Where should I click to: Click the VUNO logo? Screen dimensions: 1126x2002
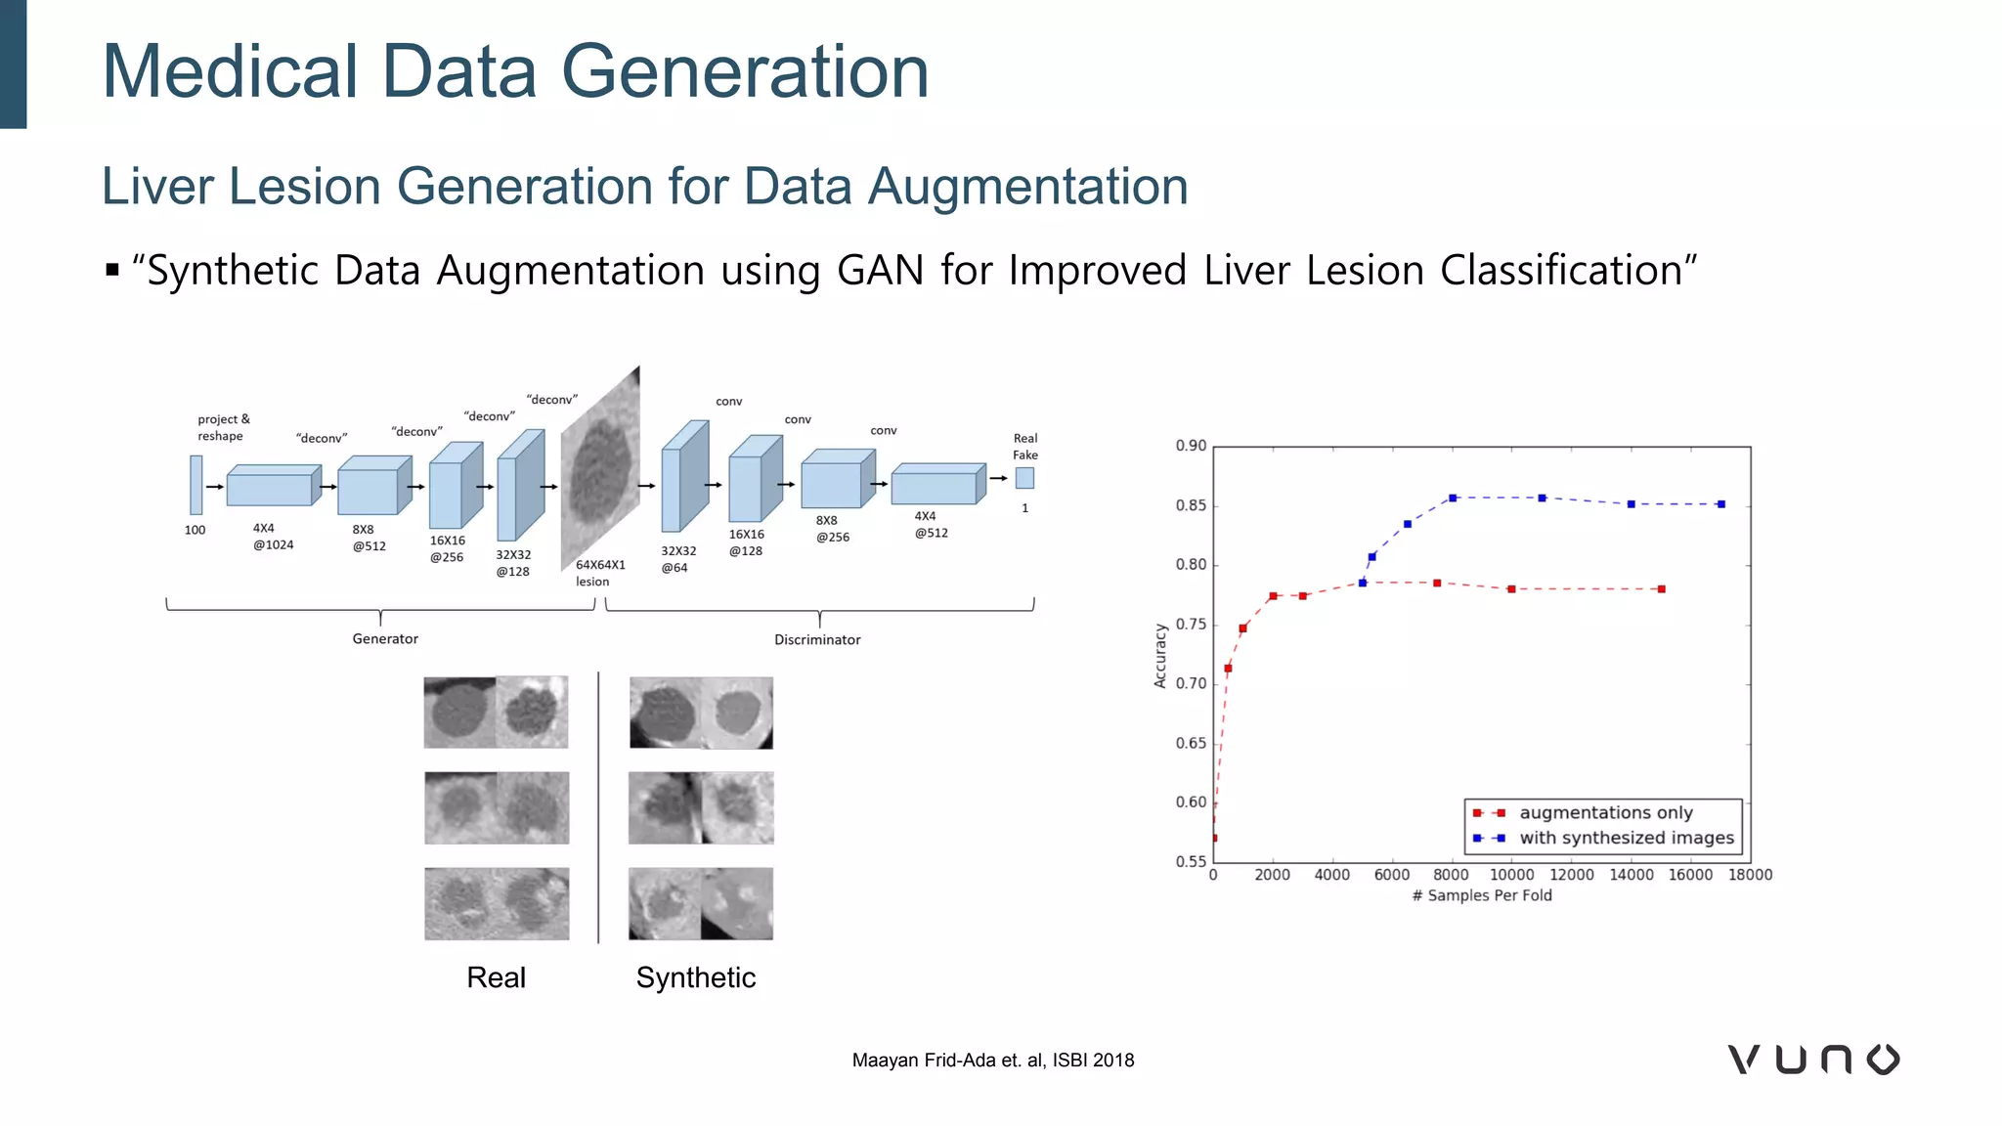coord(1813,1060)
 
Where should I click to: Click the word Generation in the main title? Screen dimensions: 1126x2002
coord(744,71)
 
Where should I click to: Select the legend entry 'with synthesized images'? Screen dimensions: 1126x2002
coord(1626,838)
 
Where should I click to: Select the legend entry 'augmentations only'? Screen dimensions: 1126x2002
coord(1605,812)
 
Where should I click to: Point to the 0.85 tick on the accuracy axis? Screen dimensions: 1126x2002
coord(1191,505)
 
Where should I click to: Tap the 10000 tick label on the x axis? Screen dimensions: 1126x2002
coord(1511,875)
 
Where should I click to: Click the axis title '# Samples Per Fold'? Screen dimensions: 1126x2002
coord(1482,895)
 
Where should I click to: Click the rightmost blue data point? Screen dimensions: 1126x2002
coord(1720,504)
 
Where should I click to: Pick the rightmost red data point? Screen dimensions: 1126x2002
coord(1661,589)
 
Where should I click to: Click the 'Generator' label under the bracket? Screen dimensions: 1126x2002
coord(385,638)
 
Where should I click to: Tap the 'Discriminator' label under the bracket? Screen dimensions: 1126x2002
coord(817,639)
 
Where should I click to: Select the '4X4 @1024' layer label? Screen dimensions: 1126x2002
coord(273,537)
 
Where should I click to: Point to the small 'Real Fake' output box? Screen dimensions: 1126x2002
coord(1024,478)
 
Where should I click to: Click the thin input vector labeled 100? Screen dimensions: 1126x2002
coord(196,485)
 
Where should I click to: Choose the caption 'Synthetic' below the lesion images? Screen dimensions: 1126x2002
coord(696,977)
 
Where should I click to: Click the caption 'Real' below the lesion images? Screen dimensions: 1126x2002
coord(496,977)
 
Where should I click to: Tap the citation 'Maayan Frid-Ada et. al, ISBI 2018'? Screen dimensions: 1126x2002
coord(992,1061)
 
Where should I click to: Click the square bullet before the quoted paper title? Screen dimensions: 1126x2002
coord(112,270)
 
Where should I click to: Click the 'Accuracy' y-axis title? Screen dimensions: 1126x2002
coord(1160,656)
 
